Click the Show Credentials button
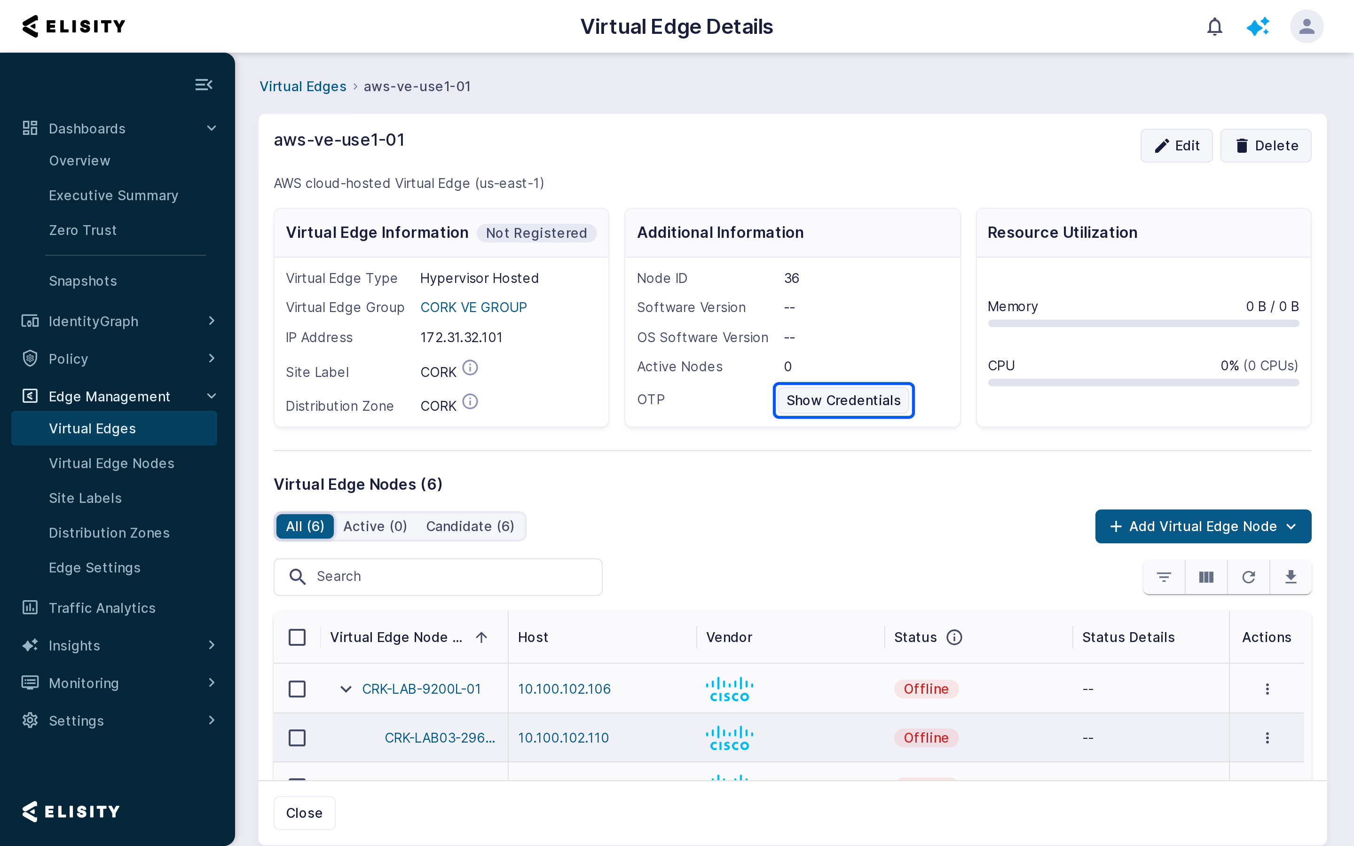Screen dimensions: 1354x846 point(843,400)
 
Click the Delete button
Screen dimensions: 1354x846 point(1266,146)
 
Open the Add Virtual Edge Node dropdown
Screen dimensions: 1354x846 point(1203,526)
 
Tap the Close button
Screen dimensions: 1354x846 point(304,813)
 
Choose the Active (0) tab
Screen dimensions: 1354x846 point(375,526)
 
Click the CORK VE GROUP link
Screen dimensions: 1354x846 point(473,308)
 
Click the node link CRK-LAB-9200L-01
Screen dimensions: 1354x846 point(421,689)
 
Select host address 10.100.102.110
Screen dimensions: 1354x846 point(563,738)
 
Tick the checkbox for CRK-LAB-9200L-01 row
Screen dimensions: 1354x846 point(297,689)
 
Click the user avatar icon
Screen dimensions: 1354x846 point(1307,26)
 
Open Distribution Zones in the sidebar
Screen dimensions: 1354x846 point(109,533)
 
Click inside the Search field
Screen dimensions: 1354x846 point(438,577)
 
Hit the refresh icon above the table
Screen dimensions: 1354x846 point(1248,577)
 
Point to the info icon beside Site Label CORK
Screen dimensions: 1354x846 point(470,368)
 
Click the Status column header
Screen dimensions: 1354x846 point(915,637)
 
